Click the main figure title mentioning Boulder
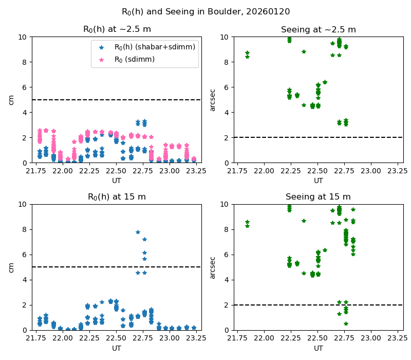[x=206, y=11]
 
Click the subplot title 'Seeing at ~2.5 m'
[x=318, y=30]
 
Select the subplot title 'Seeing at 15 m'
[x=318, y=197]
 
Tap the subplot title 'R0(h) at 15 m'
[x=117, y=197]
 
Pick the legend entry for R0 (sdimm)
[x=134, y=59]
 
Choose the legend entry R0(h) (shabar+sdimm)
[x=154, y=47]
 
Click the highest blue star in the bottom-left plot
[x=138, y=232]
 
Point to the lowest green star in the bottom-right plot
[x=346, y=323]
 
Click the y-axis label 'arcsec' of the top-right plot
[x=212, y=100]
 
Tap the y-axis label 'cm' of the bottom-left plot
[x=11, y=267]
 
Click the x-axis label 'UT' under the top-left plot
[x=117, y=181]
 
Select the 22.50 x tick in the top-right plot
[x=317, y=172]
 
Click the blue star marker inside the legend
[x=101, y=47]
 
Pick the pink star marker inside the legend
[x=101, y=59]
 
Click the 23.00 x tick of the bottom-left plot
[x=170, y=339]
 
